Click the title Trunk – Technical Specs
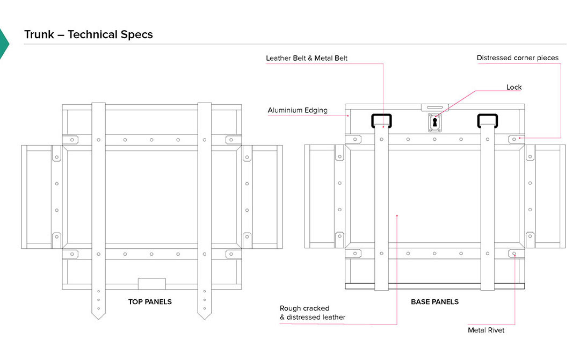point(89,35)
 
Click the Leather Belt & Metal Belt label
point(307,58)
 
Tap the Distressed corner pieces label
point(517,58)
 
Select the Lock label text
point(514,87)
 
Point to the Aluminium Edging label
point(297,111)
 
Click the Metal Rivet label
point(486,330)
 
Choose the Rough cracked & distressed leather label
point(313,313)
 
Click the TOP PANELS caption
point(150,302)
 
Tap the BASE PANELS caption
point(434,302)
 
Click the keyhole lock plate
point(435,123)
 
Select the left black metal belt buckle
point(382,120)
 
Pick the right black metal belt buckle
point(488,120)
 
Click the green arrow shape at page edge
point(4,43)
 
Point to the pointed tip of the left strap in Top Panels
point(98,316)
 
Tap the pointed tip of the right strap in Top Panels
point(205,316)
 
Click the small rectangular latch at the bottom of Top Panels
point(152,284)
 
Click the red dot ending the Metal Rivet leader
point(514,253)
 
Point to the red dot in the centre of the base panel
point(397,216)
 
